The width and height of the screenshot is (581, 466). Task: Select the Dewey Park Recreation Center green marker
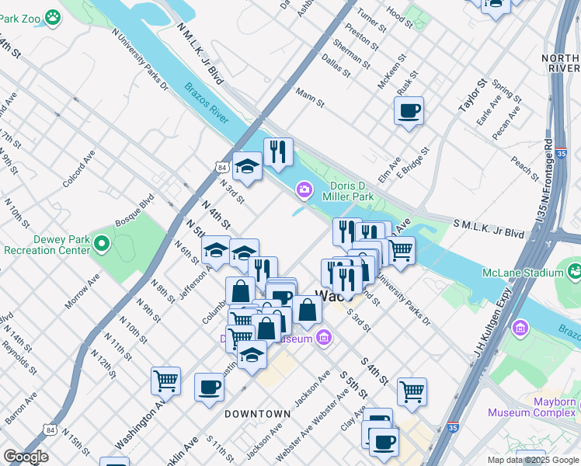point(101,245)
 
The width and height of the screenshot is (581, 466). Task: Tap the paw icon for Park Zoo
point(53,16)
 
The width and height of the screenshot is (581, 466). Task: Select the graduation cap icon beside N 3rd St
point(247,166)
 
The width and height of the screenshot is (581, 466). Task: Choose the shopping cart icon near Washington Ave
point(165,381)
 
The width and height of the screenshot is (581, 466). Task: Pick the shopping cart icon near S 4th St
point(412,391)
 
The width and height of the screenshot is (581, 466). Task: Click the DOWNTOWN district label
point(257,414)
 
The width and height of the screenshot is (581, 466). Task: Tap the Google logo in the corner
point(25,457)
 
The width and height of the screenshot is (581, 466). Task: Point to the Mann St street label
point(309,93)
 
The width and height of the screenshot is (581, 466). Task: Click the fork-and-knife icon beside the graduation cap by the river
point(277,151)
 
